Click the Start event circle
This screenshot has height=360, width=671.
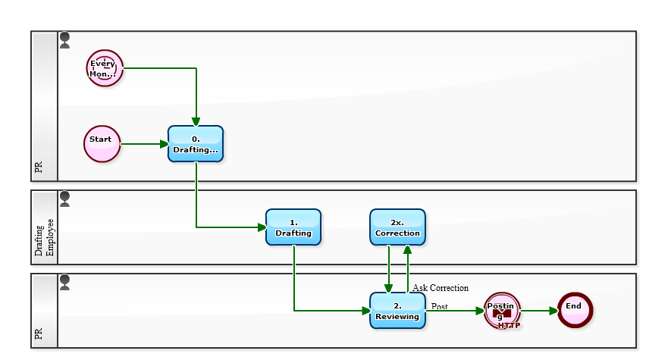click(102, 144)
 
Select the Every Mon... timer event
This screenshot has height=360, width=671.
click(104, 68)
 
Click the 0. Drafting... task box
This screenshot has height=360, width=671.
click(196, 144)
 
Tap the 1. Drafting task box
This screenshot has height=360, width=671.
click(293, 227)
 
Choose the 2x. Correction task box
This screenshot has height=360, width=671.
click(397, 227)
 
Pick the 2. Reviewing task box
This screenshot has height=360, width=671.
click(397, 310)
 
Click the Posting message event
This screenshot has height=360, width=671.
click(502, 311)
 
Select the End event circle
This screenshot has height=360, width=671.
click(574, 310)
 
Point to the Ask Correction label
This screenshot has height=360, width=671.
click(441, 288)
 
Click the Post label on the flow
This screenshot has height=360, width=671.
click(440, 306)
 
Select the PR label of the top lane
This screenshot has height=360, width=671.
click(39, 167)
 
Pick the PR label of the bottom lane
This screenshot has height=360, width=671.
click(39, 333)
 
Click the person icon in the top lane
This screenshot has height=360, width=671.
click(64, 40)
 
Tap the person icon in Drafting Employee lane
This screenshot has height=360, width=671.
click(64, 199)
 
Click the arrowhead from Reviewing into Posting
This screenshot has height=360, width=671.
click(480, 311)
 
